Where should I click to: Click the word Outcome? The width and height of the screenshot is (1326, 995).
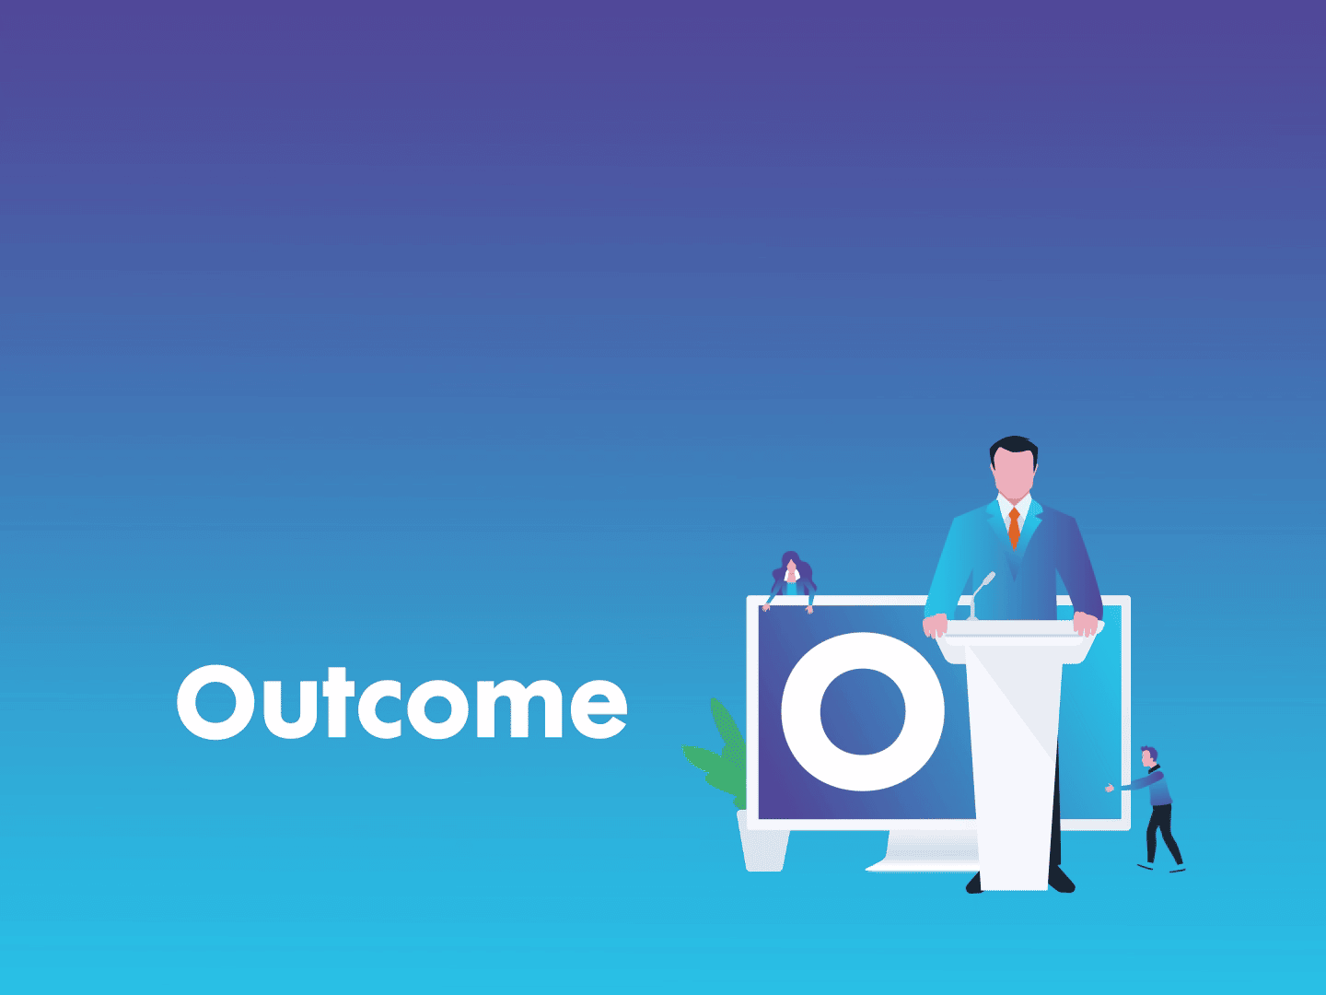tap(401, 702)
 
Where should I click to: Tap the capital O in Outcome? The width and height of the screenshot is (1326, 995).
tap(215, 702)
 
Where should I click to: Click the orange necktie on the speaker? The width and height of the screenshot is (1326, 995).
tap(1014, 528)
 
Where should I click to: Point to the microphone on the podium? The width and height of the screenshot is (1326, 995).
tap(980, 595)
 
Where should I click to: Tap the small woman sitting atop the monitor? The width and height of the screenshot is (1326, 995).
tap(791, 581)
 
